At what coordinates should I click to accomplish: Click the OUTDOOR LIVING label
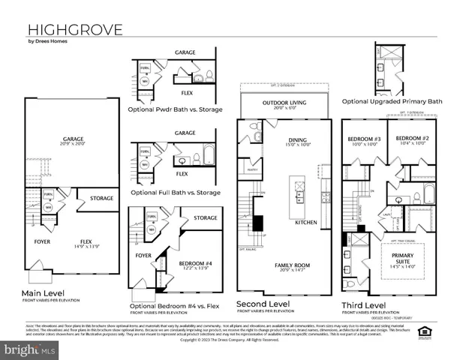pyautogui.click(x=281, y=103)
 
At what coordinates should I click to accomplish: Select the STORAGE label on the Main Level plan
pyautogui.click(x=101, y=198)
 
